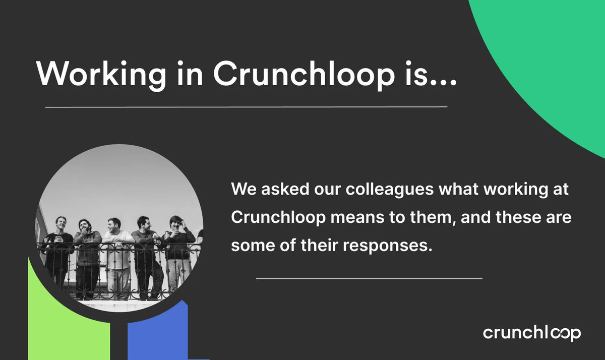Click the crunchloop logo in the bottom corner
coord(531,333)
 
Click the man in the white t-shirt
coord(116,252)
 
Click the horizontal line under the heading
coord(246,107)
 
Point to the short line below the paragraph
coord(369,278)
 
